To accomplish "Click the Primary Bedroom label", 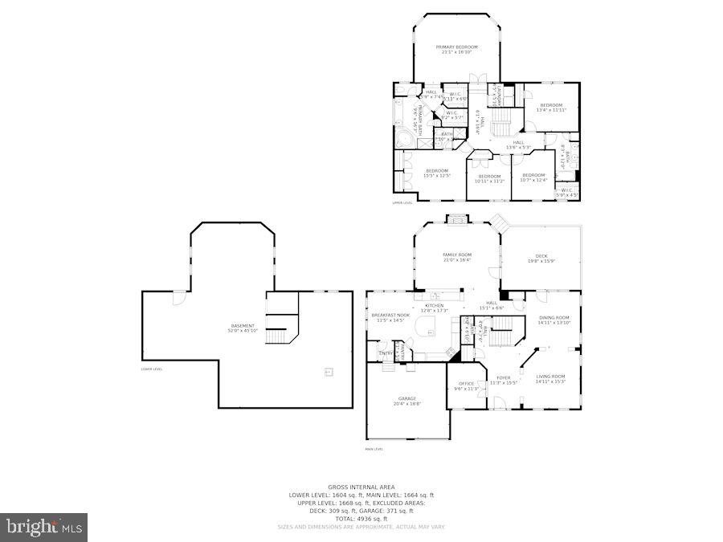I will pyautogui.click(x=456, y=47).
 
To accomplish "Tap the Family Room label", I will pyautogui.click(x=456, y=255).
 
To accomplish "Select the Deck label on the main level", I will pyautogui.click(x=542, y=256).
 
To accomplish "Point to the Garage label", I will pyautogui.click(x=407, y=398).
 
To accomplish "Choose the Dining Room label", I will pyautogui.click(x=553, y=318).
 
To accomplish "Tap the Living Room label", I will pyautogui.click(x=551, y=377).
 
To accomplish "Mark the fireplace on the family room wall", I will pyautogui.click(x=456, y=218).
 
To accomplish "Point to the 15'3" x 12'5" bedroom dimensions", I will pyautogui.click(x=437, y=175).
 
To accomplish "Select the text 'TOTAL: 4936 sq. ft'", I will pyautogui.click(x=361, y=519).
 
